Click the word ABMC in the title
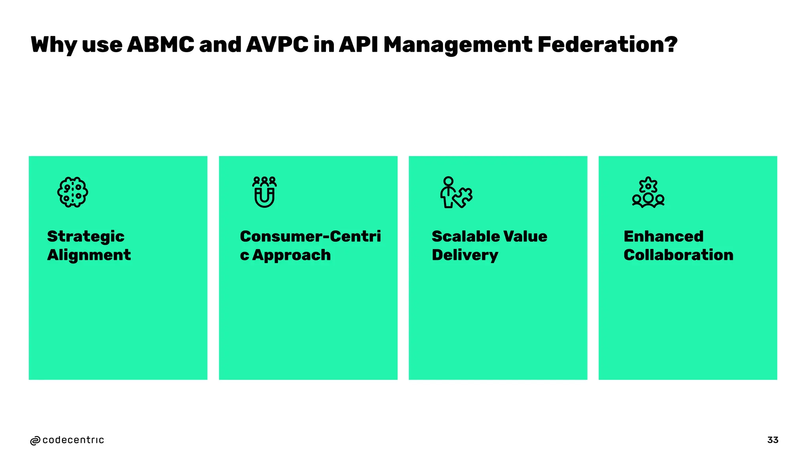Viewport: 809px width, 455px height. (160, 44)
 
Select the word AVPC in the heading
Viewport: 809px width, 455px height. (277, 44)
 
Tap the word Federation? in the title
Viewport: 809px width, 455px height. (607, 44)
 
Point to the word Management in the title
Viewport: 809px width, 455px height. (457, 45)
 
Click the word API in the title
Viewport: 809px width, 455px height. (358, 44)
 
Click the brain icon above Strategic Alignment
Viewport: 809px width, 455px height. (73, 192)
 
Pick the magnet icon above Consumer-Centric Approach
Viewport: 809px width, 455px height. (265, 192)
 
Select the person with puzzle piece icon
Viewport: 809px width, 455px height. (456, 192)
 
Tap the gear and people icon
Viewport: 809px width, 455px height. (648, 192)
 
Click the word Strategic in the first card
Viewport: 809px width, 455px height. (86, 237)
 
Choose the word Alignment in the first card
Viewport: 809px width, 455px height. (89, 255)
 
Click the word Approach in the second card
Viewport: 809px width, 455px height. (291, 255)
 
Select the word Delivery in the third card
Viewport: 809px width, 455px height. (465, 255)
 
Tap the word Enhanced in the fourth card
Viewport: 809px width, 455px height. (664, 236)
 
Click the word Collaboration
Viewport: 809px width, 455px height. (678, 255)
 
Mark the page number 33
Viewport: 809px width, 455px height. (773, 440)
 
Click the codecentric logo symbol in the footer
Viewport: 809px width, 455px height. (35, 441)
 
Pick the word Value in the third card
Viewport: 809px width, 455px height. (525, 236)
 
